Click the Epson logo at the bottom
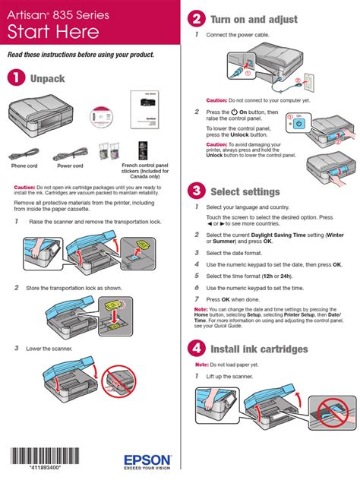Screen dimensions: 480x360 click(x=149, y=459)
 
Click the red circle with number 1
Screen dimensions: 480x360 click(x=15, y=78)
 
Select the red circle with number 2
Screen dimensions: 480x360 click(x=197, y=19)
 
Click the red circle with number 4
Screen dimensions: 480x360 click(x=197, y=349)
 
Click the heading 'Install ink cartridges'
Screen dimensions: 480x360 click(x=259, y=349)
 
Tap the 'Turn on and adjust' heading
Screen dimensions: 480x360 click(x=254, y=19)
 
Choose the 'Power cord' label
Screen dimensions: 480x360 click(x=70, y=166)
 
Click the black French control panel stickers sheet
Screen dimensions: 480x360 click(x=144, y=149)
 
